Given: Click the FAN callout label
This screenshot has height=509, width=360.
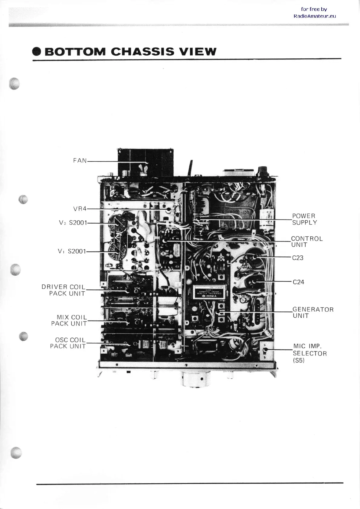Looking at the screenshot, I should (x=80, y=160).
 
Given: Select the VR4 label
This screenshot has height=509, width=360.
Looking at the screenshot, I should (x=80, y=209).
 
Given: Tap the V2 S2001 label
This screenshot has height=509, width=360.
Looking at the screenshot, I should (x=73, y=223).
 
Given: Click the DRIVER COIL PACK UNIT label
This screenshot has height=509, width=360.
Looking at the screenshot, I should (x=64, y=290).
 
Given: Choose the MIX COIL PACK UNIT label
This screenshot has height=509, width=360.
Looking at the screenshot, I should (x=69, y=320).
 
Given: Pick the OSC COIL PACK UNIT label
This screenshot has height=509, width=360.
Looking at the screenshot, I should (x=68, y=343).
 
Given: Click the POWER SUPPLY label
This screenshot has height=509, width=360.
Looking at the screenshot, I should (x=304, y=219).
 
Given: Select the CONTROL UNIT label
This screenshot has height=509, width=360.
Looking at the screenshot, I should (x=307, y=242).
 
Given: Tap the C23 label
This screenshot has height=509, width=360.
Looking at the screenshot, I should (x=298, y=258).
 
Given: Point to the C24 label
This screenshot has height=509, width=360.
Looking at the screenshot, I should (x=298, y=282).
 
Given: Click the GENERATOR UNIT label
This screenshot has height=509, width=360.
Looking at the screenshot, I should (x=313, y=313).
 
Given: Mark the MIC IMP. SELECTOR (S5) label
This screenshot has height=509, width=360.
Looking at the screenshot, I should (x=310, y=353).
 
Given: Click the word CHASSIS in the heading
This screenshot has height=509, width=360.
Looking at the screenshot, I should (x=142, y=52).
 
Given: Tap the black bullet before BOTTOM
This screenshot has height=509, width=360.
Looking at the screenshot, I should (x=37, y=52).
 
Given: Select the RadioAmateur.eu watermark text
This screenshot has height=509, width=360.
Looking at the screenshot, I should (x=315, y=16).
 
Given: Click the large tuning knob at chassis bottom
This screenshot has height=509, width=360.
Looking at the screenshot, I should (x=192, y=380).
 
